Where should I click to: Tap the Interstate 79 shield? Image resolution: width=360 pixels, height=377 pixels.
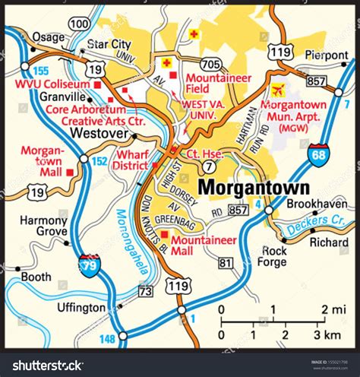[89, 265]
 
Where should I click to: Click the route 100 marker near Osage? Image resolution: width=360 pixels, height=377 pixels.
[78, 24]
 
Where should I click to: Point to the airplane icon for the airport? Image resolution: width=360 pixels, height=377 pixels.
[277, 91]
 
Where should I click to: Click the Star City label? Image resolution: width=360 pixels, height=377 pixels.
[109, 44]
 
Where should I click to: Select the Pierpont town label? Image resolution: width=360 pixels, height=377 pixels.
[326, 55]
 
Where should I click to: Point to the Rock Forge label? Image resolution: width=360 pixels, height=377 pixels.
[273, 256]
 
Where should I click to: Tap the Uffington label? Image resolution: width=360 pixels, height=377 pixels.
[81, 308]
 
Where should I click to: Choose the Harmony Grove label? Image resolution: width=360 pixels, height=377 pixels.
[43, 226]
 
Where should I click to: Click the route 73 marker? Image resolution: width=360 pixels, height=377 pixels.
[145, 291]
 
